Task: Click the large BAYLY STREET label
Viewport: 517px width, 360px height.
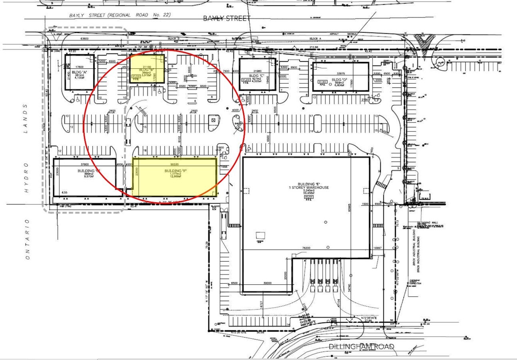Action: pyautogui.click(x=227, y=18)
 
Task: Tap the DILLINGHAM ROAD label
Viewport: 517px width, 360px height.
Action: pyautogui.click(x=361, y=346)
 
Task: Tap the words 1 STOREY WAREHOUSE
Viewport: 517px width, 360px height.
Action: pyautogui.click(x=307, y=187)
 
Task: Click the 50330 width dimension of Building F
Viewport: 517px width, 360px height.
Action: pyautogui.click(x=175, y=165)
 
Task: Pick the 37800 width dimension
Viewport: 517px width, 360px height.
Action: pyautogui.click(x=84, y=164)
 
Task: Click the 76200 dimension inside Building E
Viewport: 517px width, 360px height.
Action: pyautogui.click(x=307, y=248)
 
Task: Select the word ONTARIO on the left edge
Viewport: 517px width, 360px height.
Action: pyautogui.click(x=27, y=239)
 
